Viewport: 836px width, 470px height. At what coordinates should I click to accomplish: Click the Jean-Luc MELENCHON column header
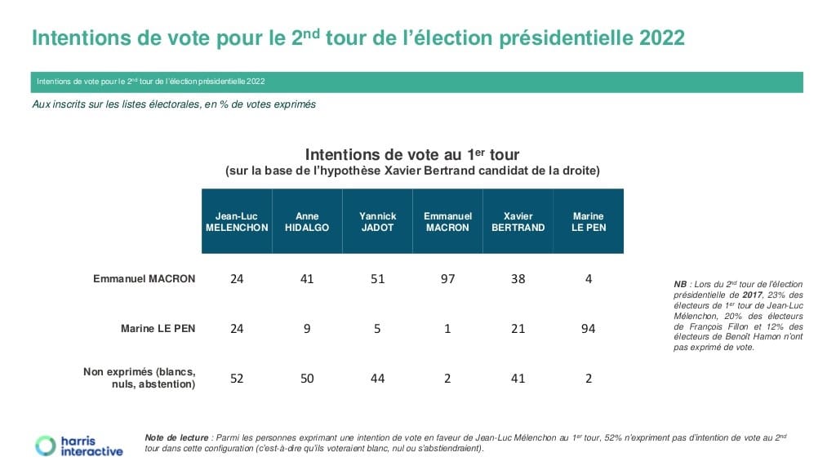pos(237,222)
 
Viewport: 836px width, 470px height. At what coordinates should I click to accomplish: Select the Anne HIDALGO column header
pos(307,222)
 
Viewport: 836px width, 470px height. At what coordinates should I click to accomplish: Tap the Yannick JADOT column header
pos(377,222)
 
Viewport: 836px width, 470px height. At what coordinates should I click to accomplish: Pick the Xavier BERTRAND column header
pos(518,222)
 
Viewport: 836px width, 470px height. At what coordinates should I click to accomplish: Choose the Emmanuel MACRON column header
pos(447,222)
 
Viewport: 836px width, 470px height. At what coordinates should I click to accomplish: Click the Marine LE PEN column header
pos(589,222)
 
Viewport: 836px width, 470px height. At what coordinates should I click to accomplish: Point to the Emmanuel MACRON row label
pos(145,279)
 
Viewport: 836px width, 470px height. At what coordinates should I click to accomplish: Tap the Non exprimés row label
pos(140,378)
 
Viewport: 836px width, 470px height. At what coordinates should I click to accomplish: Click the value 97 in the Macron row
pos(447,279)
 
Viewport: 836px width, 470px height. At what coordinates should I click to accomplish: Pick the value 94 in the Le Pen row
pos(589,329)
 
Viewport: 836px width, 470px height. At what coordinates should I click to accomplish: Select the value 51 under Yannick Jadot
pos(377,279)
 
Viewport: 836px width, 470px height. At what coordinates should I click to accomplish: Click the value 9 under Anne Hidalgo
pos(307,329)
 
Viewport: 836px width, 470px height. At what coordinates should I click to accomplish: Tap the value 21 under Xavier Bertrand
pos(518,329)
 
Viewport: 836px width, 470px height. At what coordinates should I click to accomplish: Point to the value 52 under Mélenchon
pos(237,379)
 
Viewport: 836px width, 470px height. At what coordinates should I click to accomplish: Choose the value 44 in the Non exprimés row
pos(377,379)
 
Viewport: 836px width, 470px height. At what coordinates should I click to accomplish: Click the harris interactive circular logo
pos(44,445)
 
